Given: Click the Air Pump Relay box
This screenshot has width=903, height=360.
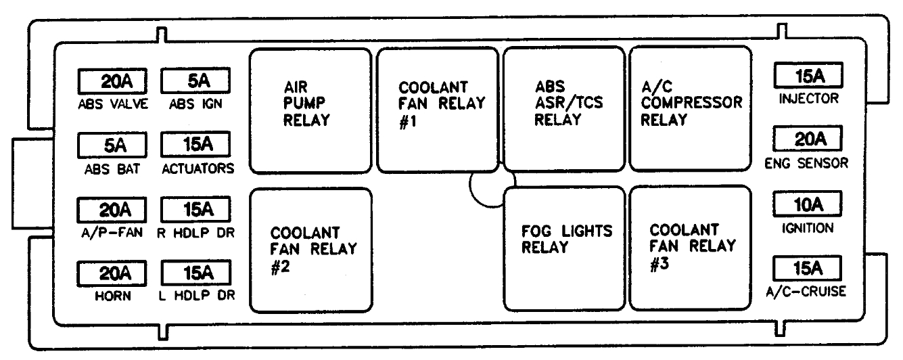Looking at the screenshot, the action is point(310,110).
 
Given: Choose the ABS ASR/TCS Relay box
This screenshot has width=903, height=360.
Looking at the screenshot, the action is point(563,110).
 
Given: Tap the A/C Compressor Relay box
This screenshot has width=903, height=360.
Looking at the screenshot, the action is point(691,110).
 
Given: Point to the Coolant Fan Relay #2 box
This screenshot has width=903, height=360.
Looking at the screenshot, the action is point(310,250).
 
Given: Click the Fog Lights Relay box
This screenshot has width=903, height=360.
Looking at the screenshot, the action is point(563,249).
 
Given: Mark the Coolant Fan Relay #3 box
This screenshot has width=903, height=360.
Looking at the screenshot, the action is point(691,249).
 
